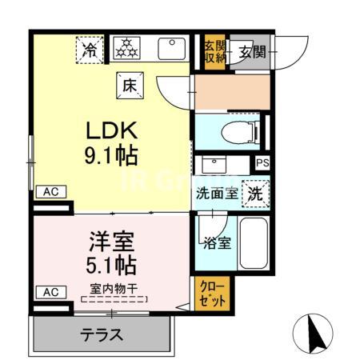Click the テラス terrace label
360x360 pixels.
(102, 334)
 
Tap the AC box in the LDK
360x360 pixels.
(50, 192)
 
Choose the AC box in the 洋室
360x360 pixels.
(50, 292)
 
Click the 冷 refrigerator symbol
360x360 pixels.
(91, 50)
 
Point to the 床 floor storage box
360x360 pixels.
(129, 83)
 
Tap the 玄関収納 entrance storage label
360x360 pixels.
(213, 51)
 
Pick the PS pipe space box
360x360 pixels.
(262, 163)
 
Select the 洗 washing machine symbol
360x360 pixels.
(255, 193)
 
